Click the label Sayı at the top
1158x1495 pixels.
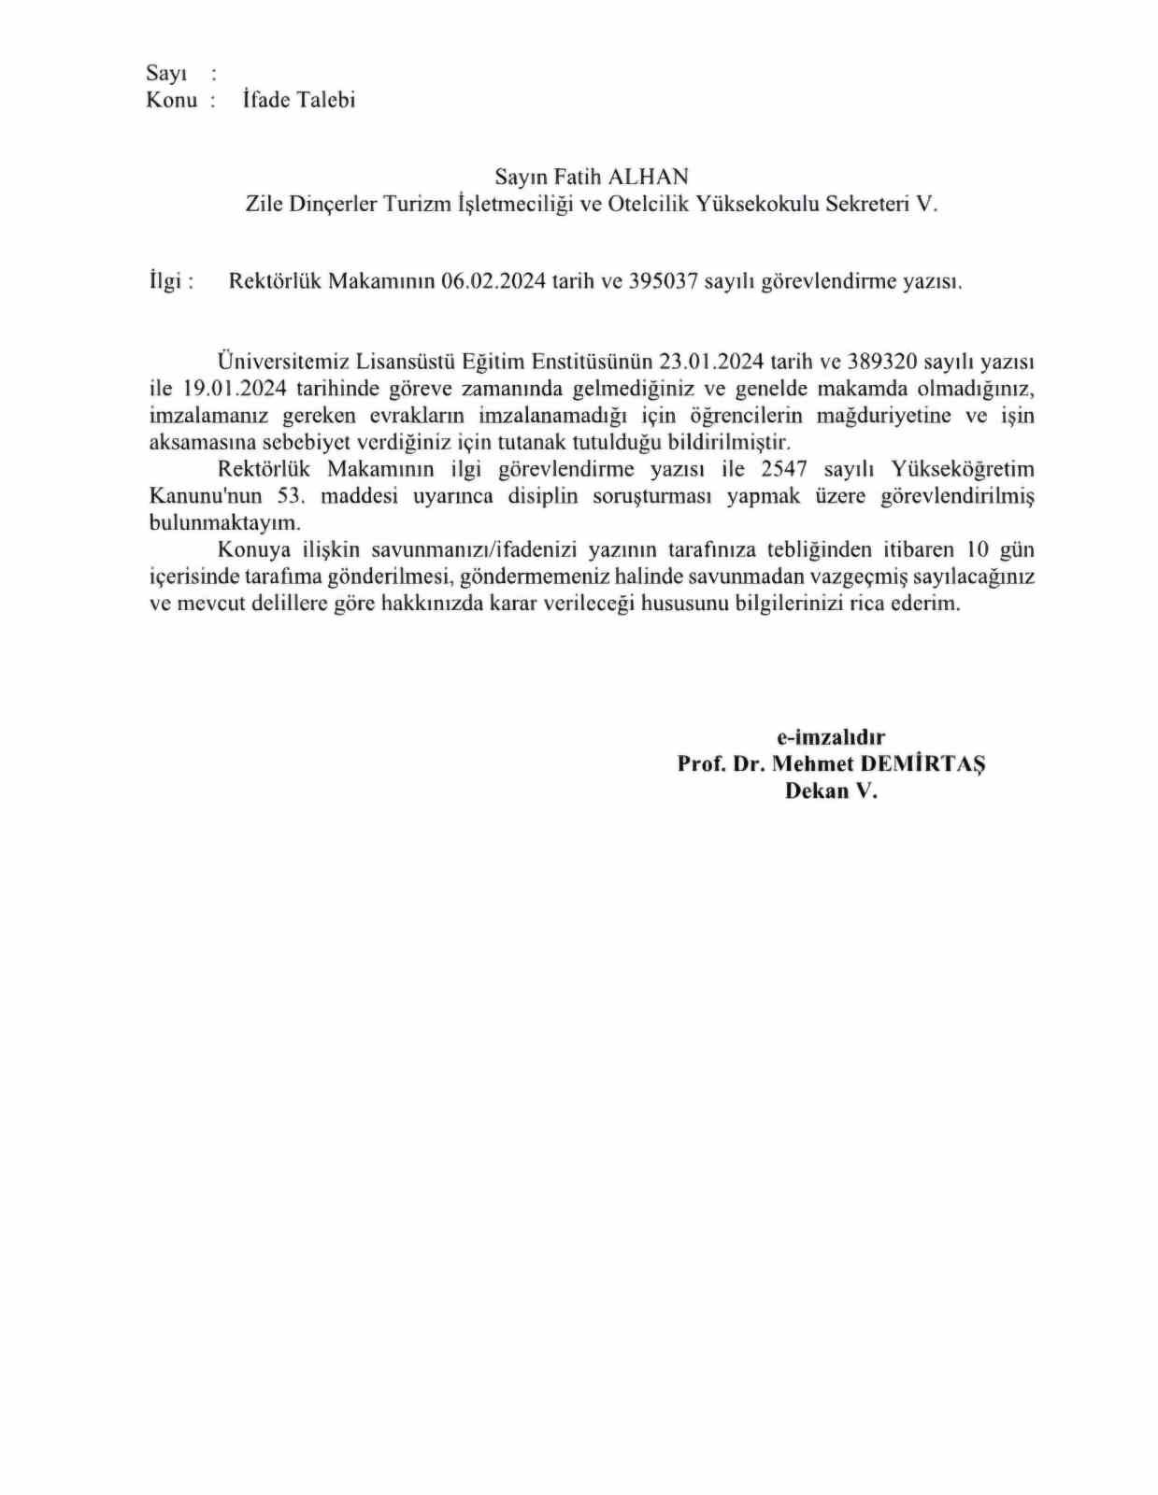pos(166,74)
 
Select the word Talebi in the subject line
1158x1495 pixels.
pos(326,100)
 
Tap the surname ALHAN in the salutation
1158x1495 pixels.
pos(649,177)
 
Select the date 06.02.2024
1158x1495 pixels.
pos(493,281)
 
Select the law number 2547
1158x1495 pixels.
pos(783,469)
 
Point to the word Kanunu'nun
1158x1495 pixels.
pos(206,496)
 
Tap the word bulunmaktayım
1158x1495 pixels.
pos(225,523)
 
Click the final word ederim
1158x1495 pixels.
pos(925,604)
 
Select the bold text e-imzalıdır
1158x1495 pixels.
pos(831,737)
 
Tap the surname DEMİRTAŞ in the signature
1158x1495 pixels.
pos(922,763)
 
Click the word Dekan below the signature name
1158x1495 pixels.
pos(815,790)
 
